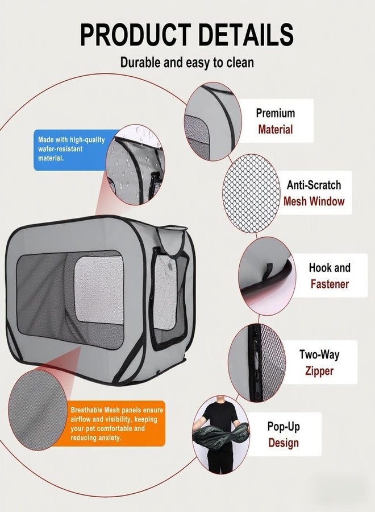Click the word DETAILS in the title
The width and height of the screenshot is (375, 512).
[246, 34]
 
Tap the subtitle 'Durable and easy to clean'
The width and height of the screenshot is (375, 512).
[187, 62]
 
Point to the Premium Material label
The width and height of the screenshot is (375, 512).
[276, 121]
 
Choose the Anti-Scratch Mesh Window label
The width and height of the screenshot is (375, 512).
[314, 193]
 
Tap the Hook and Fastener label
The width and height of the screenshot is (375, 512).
[330, 275]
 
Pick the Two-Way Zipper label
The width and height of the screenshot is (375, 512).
[319, 362]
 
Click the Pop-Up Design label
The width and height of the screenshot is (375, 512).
[284, 434]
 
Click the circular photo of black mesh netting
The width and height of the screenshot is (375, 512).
[251, 193]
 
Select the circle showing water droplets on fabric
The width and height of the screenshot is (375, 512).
[135, 164]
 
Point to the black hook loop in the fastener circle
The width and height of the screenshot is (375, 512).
[269, 271]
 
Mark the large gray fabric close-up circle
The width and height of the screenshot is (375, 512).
[37, 410]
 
